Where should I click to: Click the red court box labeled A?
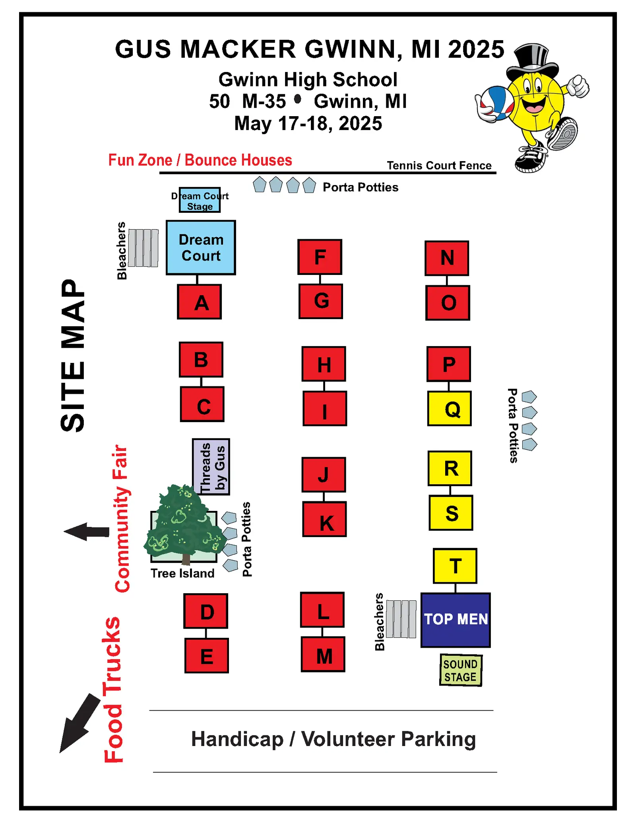point(199,302)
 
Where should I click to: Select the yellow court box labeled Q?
point(449,408)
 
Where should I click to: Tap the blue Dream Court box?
point(201,247)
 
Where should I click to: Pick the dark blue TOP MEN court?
point(456,619)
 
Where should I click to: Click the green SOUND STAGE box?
point(461,670)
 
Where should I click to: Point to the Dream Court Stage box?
point(200,200)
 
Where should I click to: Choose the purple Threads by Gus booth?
point(211,467)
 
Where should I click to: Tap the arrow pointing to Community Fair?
point(86,532)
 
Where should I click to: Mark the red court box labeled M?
point(323,654)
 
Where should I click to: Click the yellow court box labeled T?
point(455,566)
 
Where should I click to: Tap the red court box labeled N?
point(447,258)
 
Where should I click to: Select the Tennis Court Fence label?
point(439,166)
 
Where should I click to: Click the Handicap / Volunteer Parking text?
point(333,739)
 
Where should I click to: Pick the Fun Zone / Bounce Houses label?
point(200,160)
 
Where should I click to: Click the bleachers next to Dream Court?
point(143,248)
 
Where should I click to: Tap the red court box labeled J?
point(324,474)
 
